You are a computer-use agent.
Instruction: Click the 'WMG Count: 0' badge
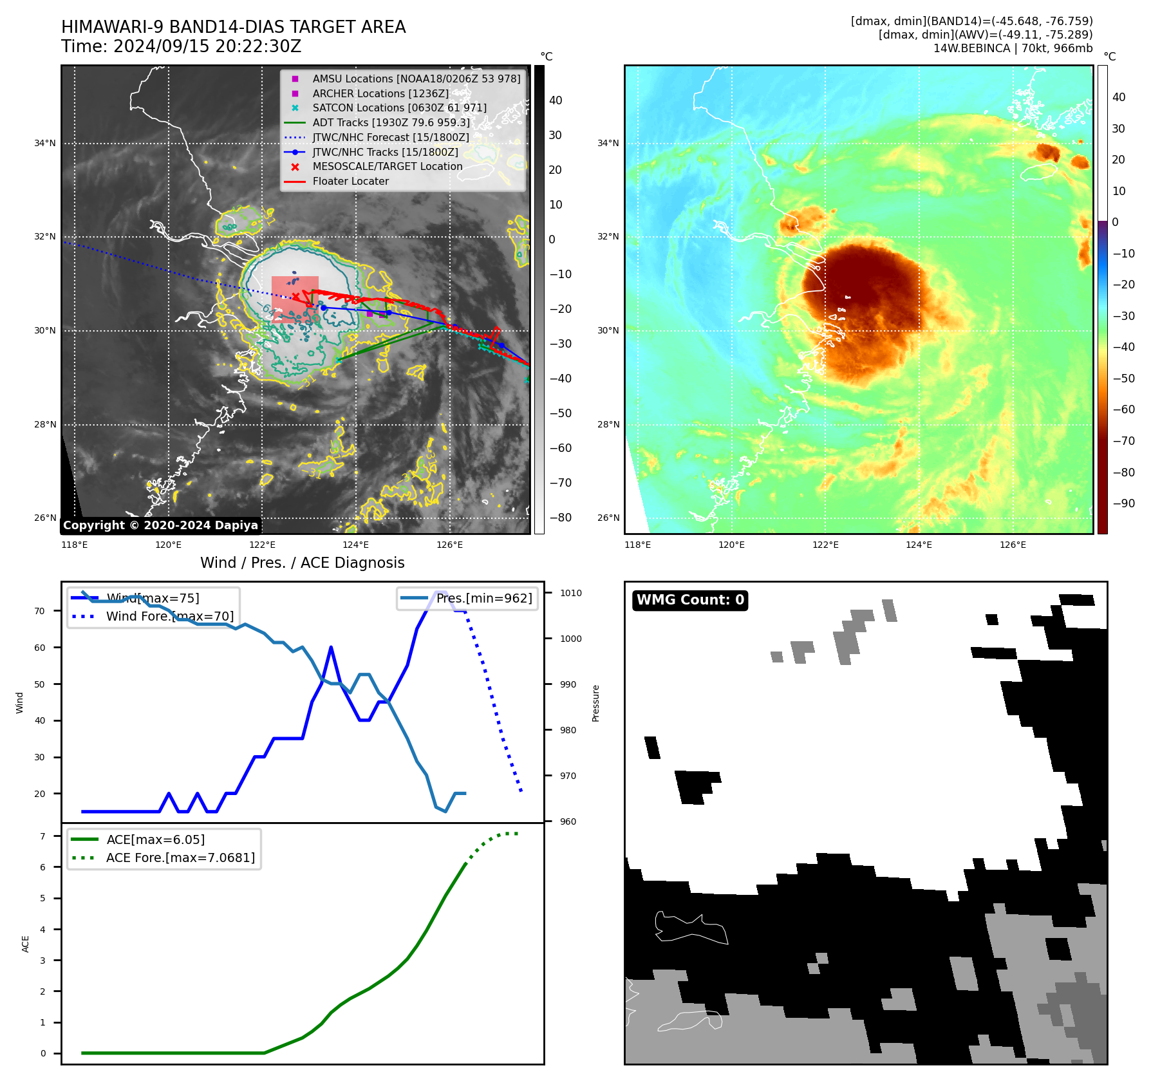pyautogui.click(x=690, y=600)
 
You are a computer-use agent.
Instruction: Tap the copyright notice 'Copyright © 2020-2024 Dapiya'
pyautogui.click(x=160, y=525)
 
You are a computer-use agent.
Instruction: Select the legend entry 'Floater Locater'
pyautogui.click(x=350, y=182)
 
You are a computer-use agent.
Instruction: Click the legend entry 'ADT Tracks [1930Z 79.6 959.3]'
pyautogui.click(x=391, y=122)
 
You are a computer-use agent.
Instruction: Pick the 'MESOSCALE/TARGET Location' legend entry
pyautogui.click(x=387, y=167)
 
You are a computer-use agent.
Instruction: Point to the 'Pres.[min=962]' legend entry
pyautogui.click(x=483, y=598)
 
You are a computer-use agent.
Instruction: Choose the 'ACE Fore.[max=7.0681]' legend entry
pyautogui.click(x=180, y=858)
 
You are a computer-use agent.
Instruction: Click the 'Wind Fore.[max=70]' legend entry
pyautogui.click(x=169, y=616)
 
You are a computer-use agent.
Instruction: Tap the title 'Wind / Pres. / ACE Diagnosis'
pyautogui.click(x=302, y=563)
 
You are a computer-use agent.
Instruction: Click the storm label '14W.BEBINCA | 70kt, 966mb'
pyautogui.click(x=1013, y=48)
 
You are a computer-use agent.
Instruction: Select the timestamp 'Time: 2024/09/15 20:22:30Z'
pyautogui.click(x=181, y=46)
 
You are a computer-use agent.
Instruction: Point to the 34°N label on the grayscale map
pyautogui.click(x=45, y=143)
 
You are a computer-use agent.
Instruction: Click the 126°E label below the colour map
pyautogui.click(x=1013, y=545)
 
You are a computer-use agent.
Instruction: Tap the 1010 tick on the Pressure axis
pyautogui.click(x=570, y=593)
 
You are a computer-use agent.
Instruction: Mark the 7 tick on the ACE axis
pyautogui.click(x=43, y=836)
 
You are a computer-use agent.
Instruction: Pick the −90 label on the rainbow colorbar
pyautogui.click(x=1123, y=503)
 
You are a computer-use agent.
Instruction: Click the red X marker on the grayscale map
pyautogui.click(x=295, y=296)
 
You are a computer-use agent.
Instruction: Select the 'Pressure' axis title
pyautogui.click(x=596, y=703)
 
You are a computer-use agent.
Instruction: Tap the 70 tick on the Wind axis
pyautogui.click(x=40, y=611)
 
